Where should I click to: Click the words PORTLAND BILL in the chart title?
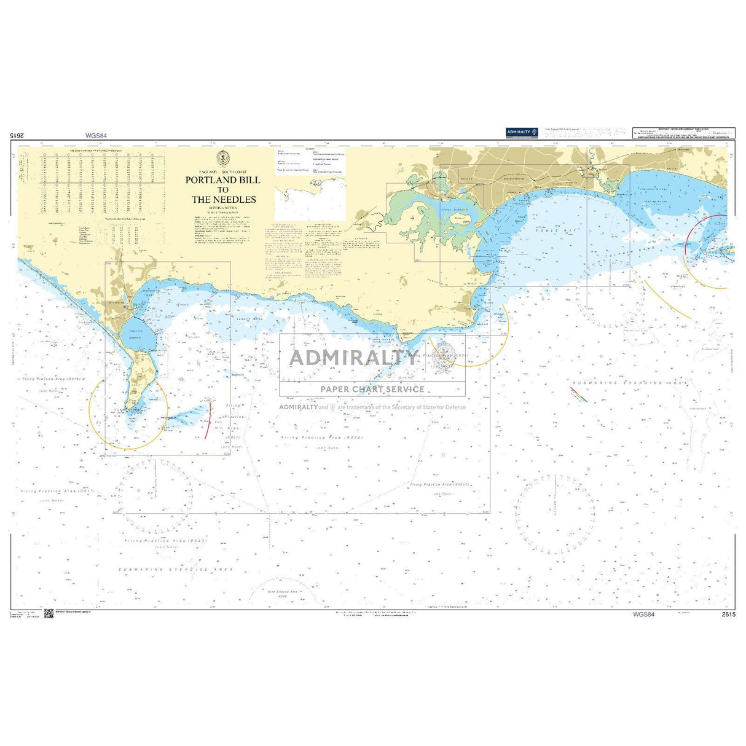[223, 180]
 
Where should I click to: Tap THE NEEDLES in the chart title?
[224, 200]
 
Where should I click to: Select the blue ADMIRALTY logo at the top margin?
[521, 132]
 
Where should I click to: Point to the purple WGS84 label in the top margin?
[96, 136]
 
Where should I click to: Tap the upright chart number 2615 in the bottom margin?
[728, 614]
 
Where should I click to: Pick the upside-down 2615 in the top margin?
[17, 136]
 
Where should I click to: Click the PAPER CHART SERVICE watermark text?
[372, 389]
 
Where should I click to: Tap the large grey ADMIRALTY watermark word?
[353, 358]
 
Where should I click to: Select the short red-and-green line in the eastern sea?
[579, 395]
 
